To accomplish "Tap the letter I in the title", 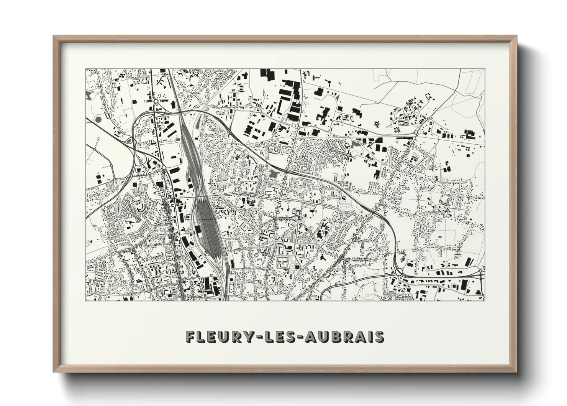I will [369, 337].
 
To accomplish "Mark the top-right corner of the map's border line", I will [485, 69].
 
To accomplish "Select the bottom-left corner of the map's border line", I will [85, 300].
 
